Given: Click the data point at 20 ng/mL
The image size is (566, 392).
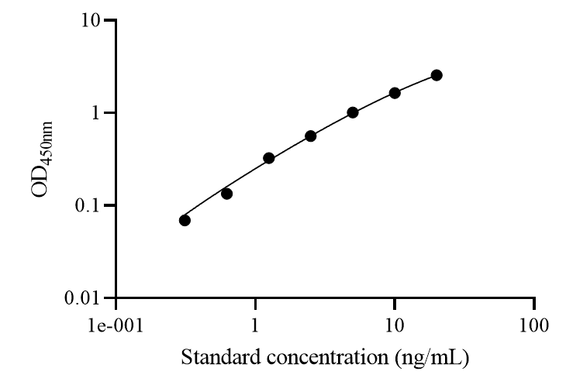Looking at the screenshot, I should [437, 75].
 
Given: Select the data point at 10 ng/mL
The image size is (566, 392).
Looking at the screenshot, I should [395, 93].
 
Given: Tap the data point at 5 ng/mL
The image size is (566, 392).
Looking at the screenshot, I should [353, 112].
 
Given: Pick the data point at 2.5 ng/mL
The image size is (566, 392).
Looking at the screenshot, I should [311, 136].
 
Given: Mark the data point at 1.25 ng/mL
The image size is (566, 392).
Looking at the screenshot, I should [269, 158].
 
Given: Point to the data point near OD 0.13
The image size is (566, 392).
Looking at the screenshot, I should [226, 194].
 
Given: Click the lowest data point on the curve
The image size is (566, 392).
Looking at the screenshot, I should [185, 220].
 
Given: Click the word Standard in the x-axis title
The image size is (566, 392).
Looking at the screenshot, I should [215, 359].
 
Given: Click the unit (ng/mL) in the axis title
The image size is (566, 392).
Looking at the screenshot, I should [436, 359].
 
